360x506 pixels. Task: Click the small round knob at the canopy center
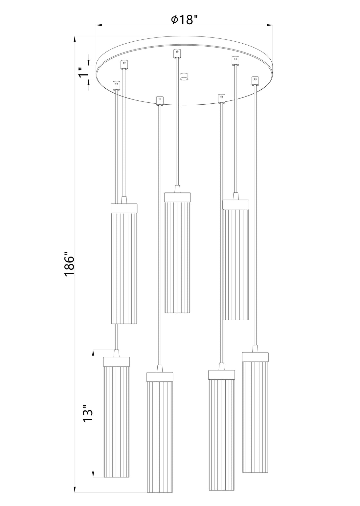[x=184, y=76]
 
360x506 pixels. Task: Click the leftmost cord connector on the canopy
[x=116, y=85]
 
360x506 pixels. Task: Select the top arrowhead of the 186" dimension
[x=75, y=39]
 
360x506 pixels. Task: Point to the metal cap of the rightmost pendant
[x=255, y=357]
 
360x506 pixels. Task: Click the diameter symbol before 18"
[x=174, y=20]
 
